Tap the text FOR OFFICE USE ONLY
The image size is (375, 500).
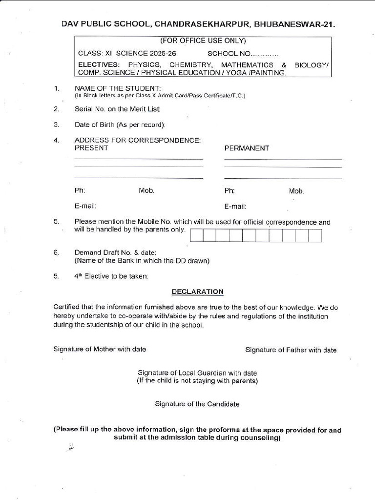point(203,41)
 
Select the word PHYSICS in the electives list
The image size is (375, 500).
point(145,64)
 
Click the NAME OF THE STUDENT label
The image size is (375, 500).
point(118,88)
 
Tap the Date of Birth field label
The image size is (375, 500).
point(120,125)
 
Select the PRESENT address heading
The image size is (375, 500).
point(91,148)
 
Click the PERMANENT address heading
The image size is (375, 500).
point(247,148)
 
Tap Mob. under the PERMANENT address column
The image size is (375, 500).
point(296,191)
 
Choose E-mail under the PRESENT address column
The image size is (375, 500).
point(85,206)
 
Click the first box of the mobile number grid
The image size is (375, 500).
point(196,236)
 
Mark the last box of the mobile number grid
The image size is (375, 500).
point(315,236)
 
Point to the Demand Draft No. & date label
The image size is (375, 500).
point(115,252)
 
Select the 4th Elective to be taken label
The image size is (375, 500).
point(111,276)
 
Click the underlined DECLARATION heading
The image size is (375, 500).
point(197,292)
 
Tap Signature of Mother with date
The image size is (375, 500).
point(100,349)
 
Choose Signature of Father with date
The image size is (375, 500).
point(291,350)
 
